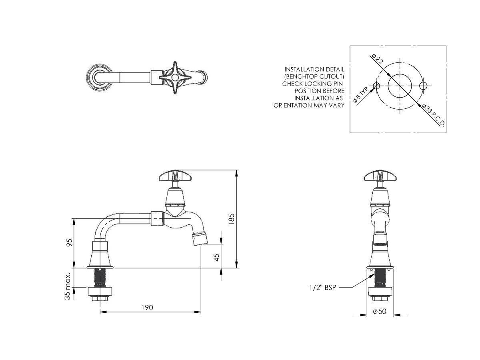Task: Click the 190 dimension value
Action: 148,307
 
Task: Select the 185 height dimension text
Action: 231,219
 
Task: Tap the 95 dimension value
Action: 69,242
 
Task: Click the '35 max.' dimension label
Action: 68,286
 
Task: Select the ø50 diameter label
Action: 380,311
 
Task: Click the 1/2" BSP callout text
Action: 322,287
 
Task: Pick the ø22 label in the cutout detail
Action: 378,60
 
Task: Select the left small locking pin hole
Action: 376,86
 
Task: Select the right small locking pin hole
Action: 424,86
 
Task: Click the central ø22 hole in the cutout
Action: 400,86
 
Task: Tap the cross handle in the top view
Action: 174,78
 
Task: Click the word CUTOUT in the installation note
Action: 331,76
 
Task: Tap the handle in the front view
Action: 380,175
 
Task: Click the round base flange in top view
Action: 98,78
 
